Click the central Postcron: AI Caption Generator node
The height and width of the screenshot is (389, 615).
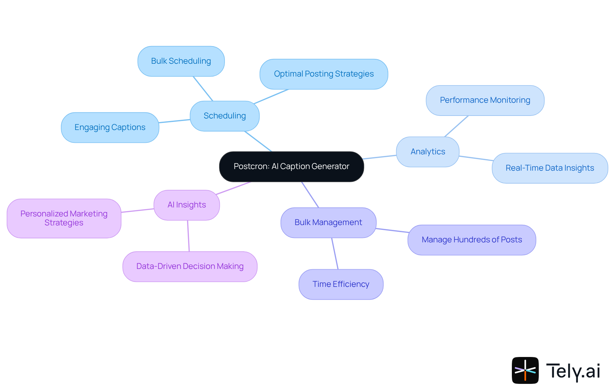click(291, 166)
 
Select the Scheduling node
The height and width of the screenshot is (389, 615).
click(225, 116)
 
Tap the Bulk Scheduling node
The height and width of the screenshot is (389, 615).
click(181, 61)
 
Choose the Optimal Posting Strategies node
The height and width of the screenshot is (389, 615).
click(324, 74)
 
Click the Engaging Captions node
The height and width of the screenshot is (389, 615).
click(110, 127)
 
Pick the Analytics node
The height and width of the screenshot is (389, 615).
click(428, 152)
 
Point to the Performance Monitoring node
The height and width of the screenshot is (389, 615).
click(485, 100)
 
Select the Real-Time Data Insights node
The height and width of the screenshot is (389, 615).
click(550, 168)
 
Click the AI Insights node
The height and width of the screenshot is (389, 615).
click(187, 205)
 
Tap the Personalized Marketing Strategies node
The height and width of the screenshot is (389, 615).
click(64, 218)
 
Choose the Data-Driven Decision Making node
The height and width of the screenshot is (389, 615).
click(190, 266)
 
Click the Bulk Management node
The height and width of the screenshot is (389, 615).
click(328, 223)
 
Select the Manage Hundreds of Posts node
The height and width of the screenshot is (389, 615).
click(471, 240)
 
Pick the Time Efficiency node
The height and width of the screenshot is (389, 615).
click(341, 284)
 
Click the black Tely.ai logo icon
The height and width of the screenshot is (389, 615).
click(525, 370)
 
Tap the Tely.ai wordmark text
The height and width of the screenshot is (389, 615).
click(573, 371)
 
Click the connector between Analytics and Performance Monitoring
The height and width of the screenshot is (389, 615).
click(456, 126)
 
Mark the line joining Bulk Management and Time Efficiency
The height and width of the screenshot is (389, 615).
click(335, 253)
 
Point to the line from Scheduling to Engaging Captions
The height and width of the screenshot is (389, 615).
click(175, 121)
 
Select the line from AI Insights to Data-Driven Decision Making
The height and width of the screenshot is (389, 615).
click(188, 236)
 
